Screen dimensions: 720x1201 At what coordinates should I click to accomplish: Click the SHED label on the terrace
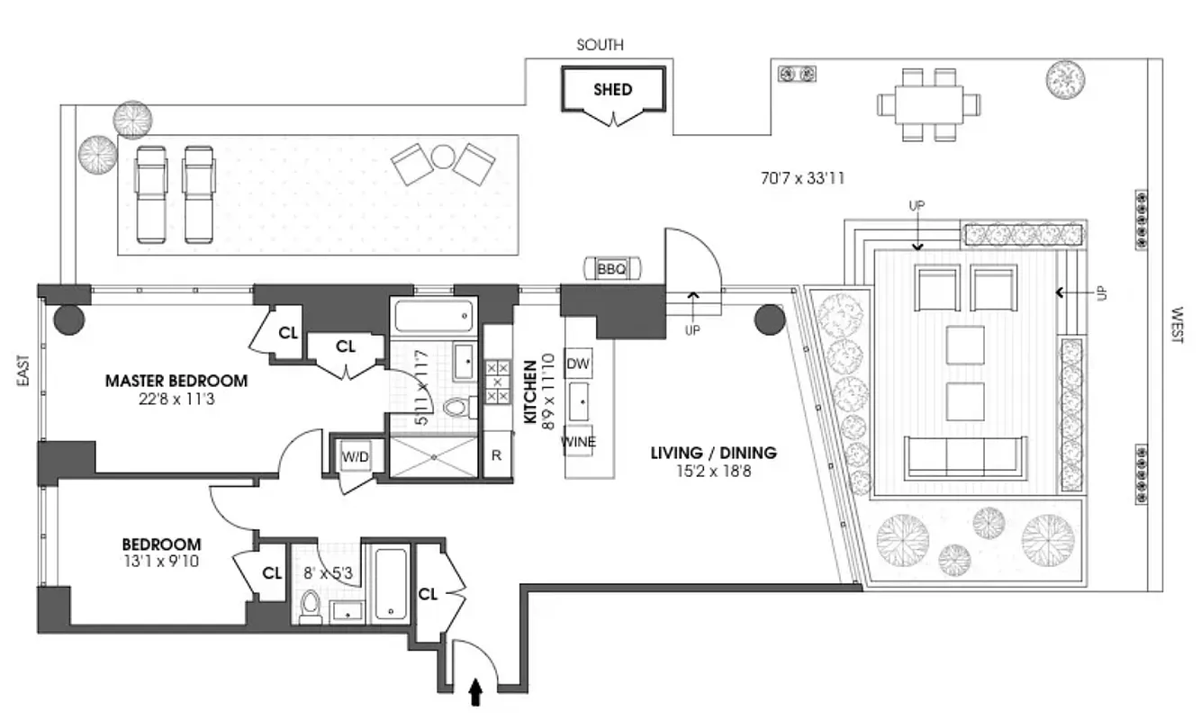[612, 90]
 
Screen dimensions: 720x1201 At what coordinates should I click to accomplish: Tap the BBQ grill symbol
[611, 268]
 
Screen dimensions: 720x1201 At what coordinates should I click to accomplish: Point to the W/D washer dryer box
[355, 457]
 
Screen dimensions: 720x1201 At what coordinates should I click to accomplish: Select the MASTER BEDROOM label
[176, 381]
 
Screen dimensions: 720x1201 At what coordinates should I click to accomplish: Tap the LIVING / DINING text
[713, 453]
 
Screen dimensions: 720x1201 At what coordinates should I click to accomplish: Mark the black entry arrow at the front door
[476, 692]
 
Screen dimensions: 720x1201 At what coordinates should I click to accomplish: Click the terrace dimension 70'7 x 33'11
[802, 178]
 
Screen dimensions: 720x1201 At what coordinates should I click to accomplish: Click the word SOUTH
[600, 45]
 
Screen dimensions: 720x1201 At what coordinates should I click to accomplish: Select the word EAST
[23, 370]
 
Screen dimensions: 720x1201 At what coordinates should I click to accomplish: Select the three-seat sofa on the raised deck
[965, 456]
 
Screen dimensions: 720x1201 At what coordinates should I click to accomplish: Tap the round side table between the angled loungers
[442, 157]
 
